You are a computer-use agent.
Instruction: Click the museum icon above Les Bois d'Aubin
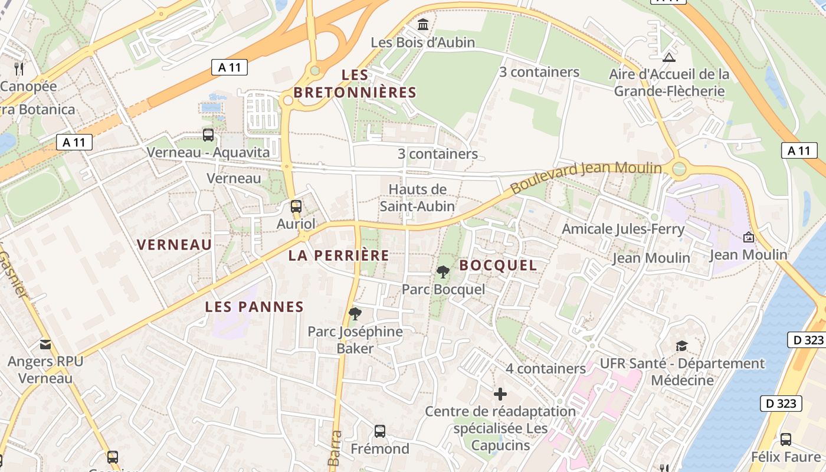tap(423, 25)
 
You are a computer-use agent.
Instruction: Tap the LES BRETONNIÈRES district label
tap(355, 84)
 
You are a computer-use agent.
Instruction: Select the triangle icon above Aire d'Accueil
tap(668, 57)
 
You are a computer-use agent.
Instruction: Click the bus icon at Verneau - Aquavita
tap(208, 135)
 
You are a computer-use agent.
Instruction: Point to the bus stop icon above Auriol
tap(296, 206)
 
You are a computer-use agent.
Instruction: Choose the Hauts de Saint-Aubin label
tap(417, 198)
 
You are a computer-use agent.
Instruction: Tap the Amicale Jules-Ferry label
tap(623, 229)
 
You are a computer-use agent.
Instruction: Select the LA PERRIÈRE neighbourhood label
tap(339, 255)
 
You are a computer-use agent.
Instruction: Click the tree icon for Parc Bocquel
tap(442, 272)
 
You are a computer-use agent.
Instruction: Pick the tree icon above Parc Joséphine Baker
tap(355, 313)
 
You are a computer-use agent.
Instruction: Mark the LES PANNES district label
tap(254, 307)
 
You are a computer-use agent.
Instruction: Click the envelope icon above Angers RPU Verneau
tap(45, 345)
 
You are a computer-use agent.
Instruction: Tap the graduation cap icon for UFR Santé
tap(681, 346)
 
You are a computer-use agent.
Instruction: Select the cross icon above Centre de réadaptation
tap(500, 394)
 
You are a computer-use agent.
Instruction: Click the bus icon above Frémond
tap(380, 431)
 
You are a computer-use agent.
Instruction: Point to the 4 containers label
tap(546, 369)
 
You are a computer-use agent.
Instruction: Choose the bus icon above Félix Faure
tap(786, 439)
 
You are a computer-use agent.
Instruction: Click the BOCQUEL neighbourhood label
tap(499, 265)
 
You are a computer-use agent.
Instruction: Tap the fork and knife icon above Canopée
tap(19, 68)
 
